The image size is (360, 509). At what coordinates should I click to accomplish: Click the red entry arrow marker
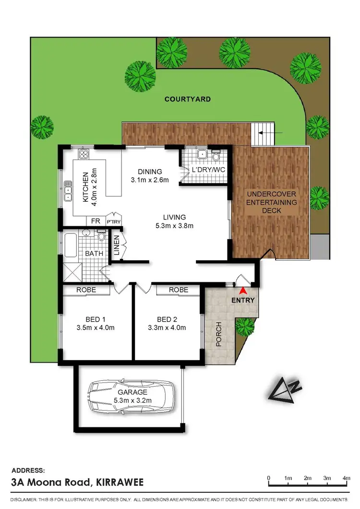pyautogui.click(x=243, y=291)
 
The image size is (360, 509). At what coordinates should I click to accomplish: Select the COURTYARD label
pyautogui.click(x=187, y=99)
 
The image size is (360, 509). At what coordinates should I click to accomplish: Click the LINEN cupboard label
pyautogui.click(x=117, y=245)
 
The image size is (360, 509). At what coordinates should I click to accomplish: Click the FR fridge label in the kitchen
pyautogui.click(x=96, y=221)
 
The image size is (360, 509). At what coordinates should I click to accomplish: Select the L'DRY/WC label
pyautogui.click(x=209, y=170)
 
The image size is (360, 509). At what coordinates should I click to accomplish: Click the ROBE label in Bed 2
pyautogui.click(x=178, y=290)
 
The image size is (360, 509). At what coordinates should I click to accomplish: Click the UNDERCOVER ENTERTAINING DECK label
pyautogui.click(x=271, y=202)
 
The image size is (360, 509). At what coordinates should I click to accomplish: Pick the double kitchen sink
pyautogui.click(x=68, y=190)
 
